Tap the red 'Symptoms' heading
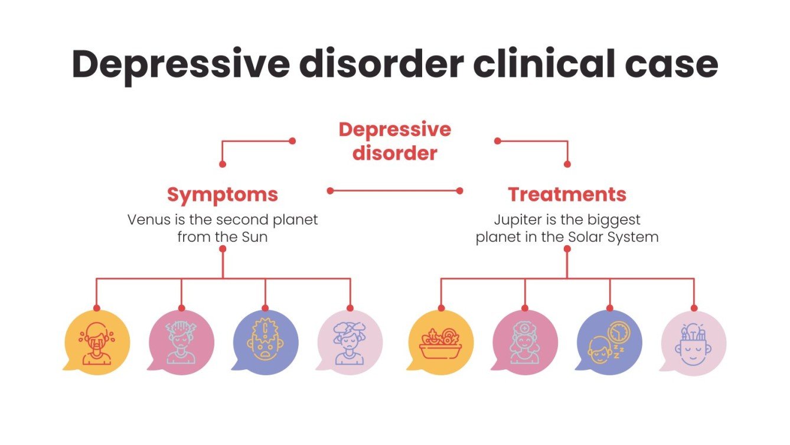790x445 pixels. click(x=222, y=194)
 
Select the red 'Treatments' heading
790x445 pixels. click(x=567, y=194)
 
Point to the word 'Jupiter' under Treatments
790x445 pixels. click(x=515, y=220)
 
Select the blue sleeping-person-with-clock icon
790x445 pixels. click(x=609, y=343)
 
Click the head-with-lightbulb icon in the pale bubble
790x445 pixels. click(x=693, y=343)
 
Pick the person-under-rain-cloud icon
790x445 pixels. click(x=350, y=343)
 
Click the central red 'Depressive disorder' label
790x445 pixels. click(x=394, y=141)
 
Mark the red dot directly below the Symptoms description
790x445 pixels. click(x=223, y=249)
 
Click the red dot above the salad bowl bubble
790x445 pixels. click(x=440, y=308)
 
